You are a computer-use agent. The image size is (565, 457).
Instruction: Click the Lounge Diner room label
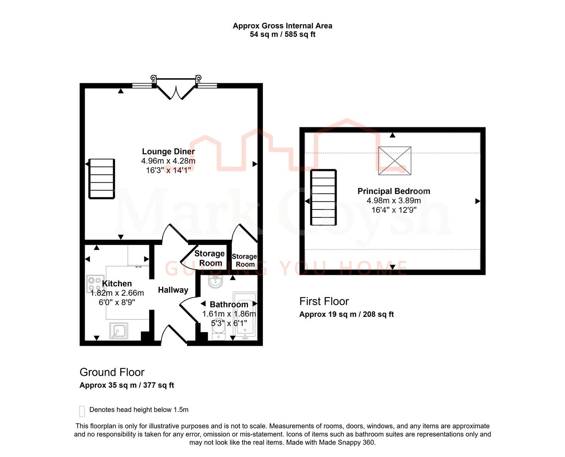pos(168,151)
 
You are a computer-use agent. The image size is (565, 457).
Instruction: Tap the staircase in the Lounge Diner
pos(102,179)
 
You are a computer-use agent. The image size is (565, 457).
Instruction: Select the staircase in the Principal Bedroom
pos(324,198)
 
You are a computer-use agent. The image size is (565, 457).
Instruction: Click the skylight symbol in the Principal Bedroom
pos(394,161)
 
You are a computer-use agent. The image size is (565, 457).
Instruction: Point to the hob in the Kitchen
pos(95,284)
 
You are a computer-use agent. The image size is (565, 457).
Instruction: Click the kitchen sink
pos(119,331)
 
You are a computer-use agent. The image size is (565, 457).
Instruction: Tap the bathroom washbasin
pos(215,281)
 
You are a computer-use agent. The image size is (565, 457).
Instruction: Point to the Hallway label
pos(173,290)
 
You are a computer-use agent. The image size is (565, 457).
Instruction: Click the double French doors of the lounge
pos(176,88)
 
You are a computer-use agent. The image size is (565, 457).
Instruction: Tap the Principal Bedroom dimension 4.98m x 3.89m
pos(394,201)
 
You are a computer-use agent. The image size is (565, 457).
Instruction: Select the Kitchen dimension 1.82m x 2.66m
pos(117,293)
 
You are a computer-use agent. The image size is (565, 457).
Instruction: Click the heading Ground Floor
pos(112,372)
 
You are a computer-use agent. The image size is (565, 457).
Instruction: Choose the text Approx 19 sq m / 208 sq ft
pos(346,314)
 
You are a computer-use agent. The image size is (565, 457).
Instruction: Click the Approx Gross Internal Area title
pos(282,26)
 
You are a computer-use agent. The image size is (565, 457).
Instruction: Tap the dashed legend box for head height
pos(82,411)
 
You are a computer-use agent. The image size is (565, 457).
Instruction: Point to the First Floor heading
pos(324,301)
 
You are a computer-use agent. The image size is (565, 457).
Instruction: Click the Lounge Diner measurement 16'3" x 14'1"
pos(168,170)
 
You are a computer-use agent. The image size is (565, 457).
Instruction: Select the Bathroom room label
pos(229,304)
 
